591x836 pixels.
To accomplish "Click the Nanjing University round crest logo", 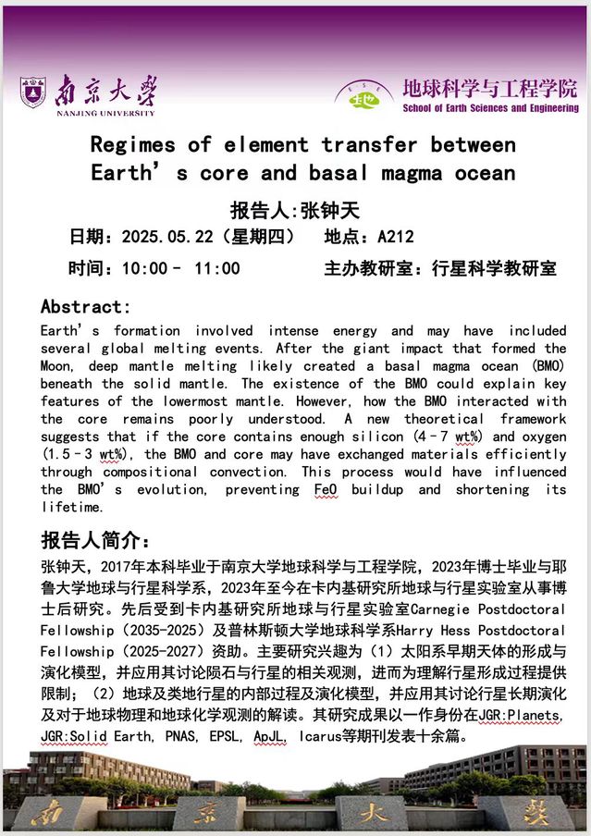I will click(32, 92).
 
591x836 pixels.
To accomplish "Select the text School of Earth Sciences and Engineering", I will click(489, 108).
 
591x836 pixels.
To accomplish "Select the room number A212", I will click(397, 238).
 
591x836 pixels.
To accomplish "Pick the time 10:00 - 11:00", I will click(181, 269).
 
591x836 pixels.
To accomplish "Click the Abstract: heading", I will click(86, 307).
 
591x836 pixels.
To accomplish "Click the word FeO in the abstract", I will click(326, 489).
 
